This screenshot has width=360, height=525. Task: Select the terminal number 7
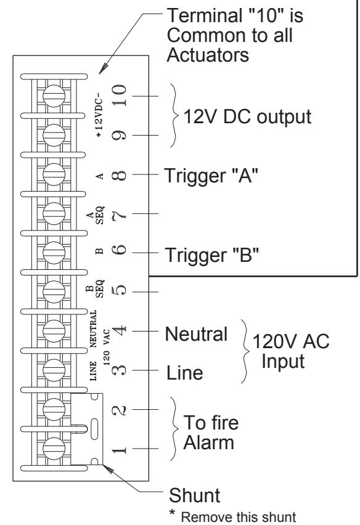[x=120, y=213]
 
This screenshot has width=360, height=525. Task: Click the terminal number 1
[x=120, y=449]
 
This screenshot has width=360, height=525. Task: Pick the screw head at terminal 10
[x=54, y=96]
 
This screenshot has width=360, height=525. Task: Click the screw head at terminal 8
[x=54, y=174]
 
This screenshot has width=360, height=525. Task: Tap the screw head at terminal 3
[x=54, y=370]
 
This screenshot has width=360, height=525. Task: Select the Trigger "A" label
[x=211, y=176]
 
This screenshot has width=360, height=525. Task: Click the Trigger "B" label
[x=212, y=255]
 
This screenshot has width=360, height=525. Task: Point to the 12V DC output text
[x=247, y=117]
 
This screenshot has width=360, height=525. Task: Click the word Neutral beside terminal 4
[x=196, y=334]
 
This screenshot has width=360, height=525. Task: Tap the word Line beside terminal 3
[x=185, y=373]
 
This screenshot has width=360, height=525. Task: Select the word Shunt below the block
[x=195, y=495]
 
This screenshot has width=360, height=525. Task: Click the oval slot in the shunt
[x=94, y=429]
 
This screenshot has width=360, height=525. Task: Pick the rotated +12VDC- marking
[x=99, y=115]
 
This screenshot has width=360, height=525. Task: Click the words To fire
[x=211, y=423]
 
